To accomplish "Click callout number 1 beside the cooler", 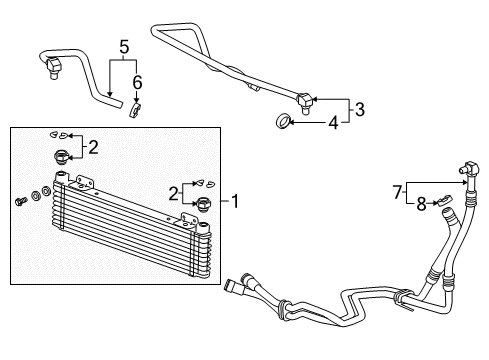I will click(235, 202).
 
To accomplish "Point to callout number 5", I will click(125, 46).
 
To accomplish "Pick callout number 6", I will click(137, 82).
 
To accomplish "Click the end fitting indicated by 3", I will click(305, 98).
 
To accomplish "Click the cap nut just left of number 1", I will click(204, 205).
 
